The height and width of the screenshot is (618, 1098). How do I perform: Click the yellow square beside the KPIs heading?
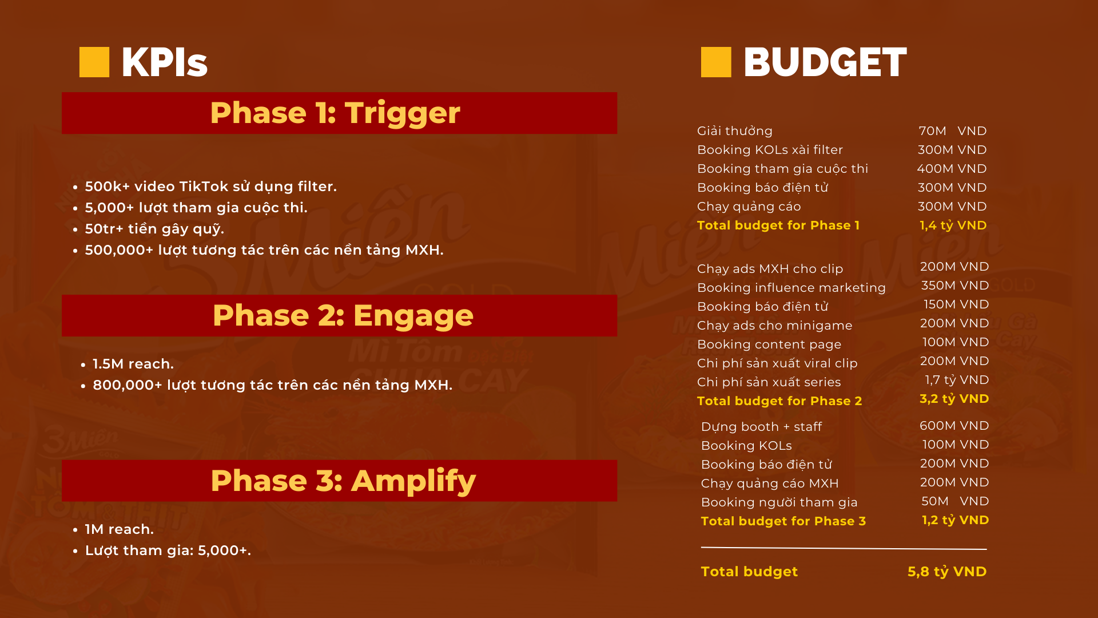pos(94,62)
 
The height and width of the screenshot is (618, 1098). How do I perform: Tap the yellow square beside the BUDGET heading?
pos(716,62)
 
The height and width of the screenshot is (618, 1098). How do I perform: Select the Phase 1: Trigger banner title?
pos(335,113)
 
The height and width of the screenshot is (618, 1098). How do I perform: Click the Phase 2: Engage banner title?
pos(343,315)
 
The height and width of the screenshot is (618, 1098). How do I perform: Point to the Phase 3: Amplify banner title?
pos(343,481)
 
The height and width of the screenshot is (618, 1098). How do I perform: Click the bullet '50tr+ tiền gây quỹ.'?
pos(154,229)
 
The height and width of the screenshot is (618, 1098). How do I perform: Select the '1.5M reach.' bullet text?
pos(133,364)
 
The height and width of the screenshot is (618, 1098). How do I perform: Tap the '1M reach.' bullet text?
pos(120,529)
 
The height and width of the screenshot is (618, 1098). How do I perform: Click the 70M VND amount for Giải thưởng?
pos(953,131)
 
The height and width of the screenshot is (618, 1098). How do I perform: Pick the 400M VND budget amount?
pos(952,169)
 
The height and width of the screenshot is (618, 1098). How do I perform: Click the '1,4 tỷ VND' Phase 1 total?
pos(953,225)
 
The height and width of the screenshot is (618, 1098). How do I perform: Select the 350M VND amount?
pos(955,286)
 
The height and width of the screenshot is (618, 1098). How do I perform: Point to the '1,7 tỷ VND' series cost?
pos(957,380)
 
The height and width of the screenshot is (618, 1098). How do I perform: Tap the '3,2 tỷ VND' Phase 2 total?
pos(954,399)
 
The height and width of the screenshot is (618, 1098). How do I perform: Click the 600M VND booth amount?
pos(954,426)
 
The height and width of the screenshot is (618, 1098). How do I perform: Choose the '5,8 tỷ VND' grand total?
pos(947,572)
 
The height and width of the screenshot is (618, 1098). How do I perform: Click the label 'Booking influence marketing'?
pos(791,288)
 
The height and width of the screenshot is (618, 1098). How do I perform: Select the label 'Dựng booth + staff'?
pos(762,427)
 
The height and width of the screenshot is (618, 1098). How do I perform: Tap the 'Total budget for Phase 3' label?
pos(783,521)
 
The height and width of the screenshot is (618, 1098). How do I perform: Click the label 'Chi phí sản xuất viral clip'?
pos(778,363)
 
